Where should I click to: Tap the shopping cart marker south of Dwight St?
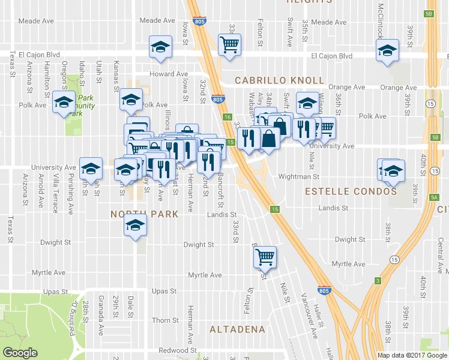point(264,257)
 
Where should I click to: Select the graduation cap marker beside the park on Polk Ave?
point(62,103)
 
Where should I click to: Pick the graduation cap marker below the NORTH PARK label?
point(135,226)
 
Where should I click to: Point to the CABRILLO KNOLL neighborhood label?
point(279,80)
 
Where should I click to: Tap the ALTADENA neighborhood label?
point(238,329)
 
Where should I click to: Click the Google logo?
point(20,353)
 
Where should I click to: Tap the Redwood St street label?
point(178,350)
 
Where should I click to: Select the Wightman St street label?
point(298,177)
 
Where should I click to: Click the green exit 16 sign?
point(227,117)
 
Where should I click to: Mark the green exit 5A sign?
point(434,197)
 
